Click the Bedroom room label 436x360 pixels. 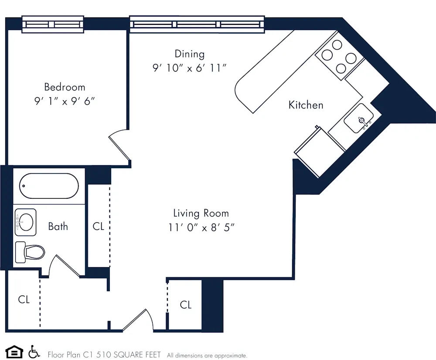(x=65, y=87)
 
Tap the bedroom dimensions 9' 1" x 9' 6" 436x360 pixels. (x=65, y=102)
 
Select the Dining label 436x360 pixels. (x=189, y=54)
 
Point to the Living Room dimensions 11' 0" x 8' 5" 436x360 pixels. (x=201, y=228)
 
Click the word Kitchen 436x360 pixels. (x=306, y=105)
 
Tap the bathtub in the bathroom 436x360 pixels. (x=49, y=186)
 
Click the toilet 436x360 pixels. (x=31, y=252)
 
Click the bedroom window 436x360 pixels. (x=53, y=24)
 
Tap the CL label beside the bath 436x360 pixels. (x=99, y=227)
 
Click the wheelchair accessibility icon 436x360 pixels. (x=34, y=351)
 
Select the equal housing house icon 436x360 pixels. (x=14, y=351)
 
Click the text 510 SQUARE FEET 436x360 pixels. (x=130, y=355)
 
